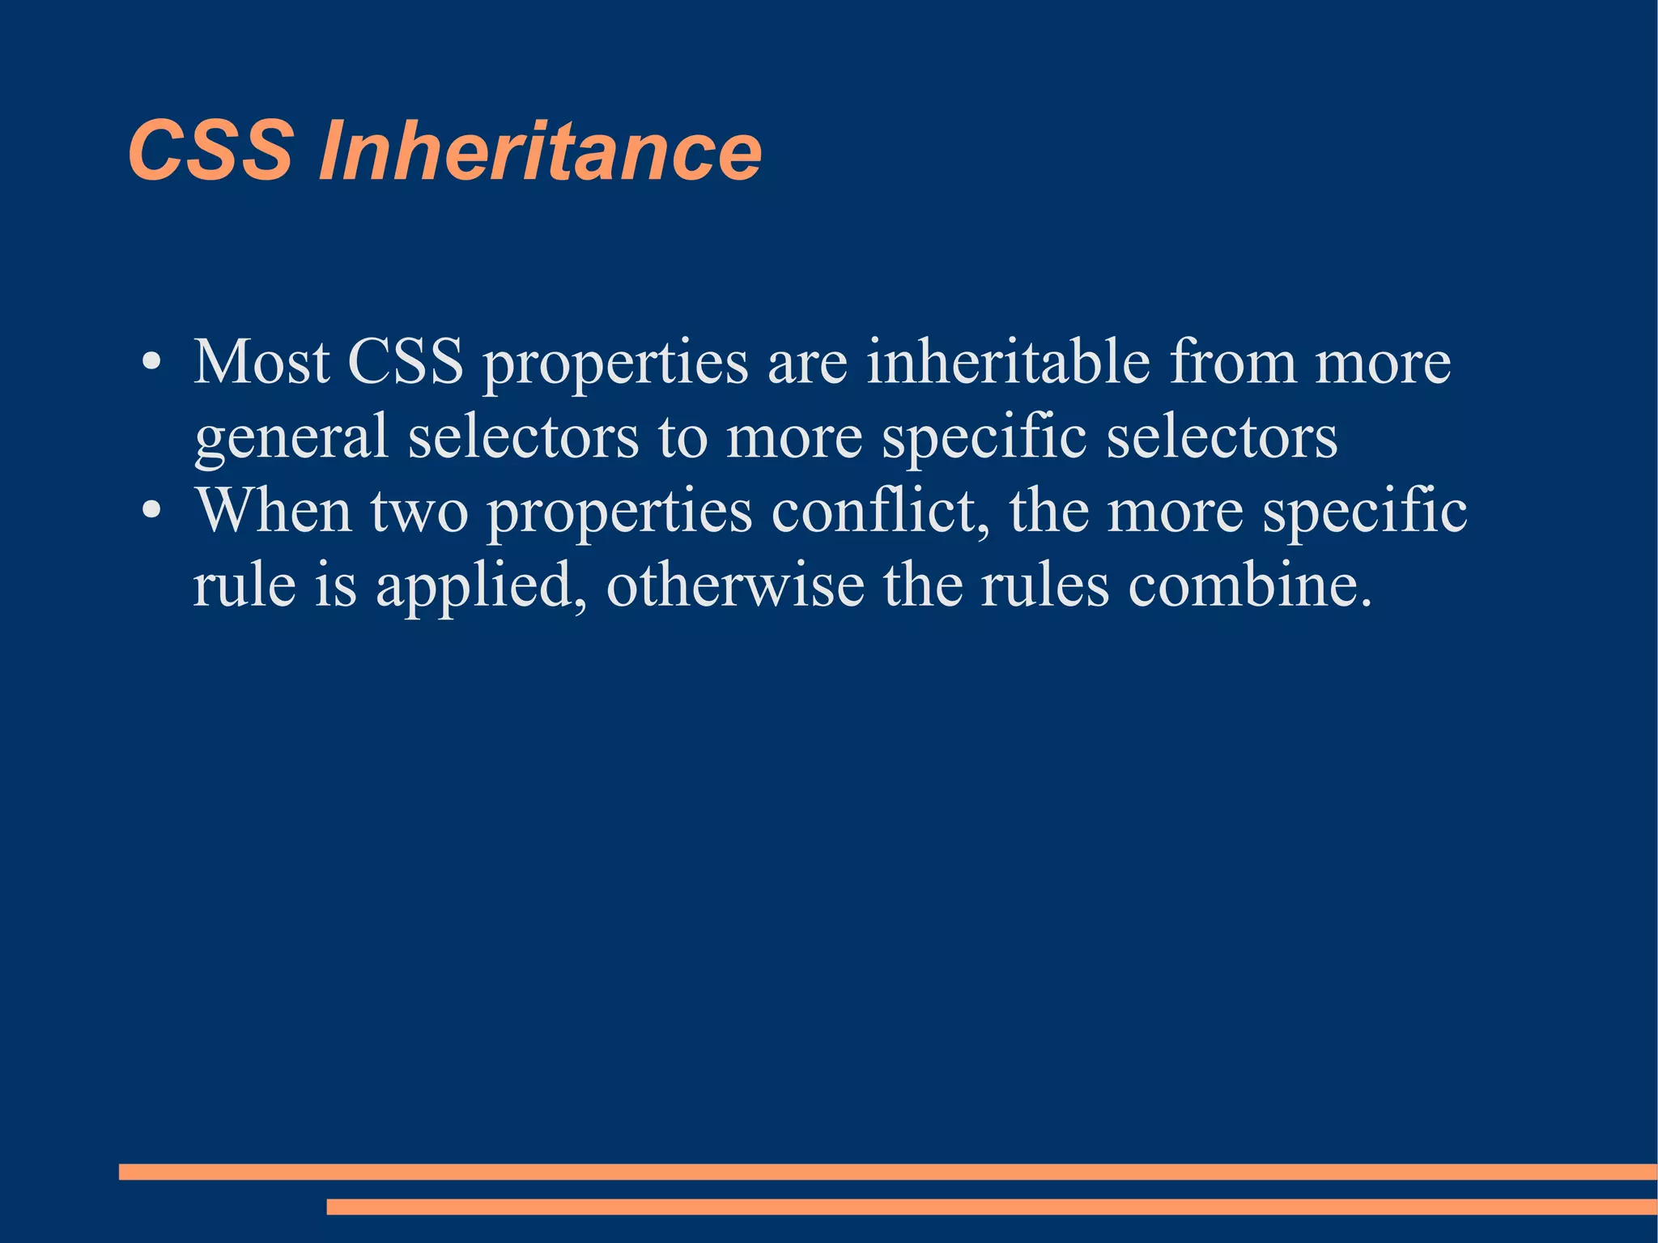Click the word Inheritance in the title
[540, 151]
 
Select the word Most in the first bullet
[261, 362]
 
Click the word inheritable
[1008, 362]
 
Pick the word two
[419, 511]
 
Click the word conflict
[879, 511]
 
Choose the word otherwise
[735, 585]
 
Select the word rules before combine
[1044, 585]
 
